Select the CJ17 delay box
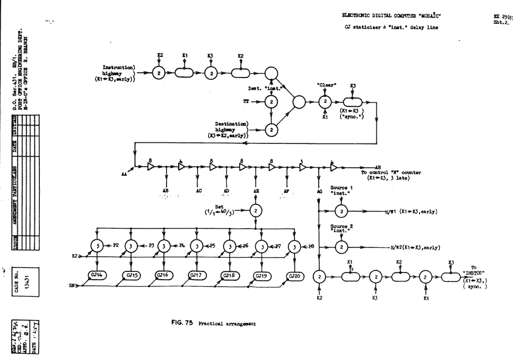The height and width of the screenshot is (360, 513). [198, 275]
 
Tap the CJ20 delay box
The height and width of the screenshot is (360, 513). [295, 275]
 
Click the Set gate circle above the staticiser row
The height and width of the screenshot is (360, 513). [255, 210]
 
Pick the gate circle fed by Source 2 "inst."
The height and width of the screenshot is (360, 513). [341, 246]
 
